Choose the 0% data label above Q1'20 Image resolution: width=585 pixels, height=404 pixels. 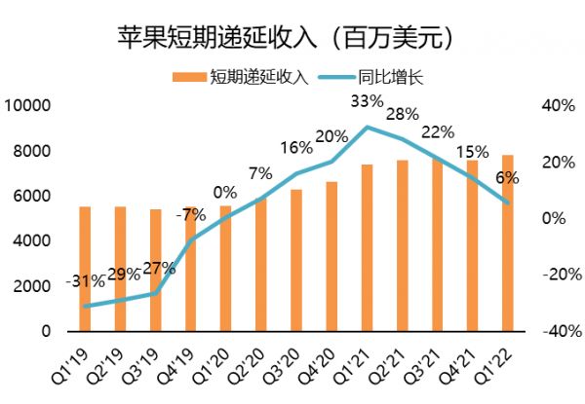[226, 192]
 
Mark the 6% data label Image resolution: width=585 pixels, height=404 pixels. [508, 178]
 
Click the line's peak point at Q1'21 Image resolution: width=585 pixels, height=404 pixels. [367, 128]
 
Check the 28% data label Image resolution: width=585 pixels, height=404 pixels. [402, 115]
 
